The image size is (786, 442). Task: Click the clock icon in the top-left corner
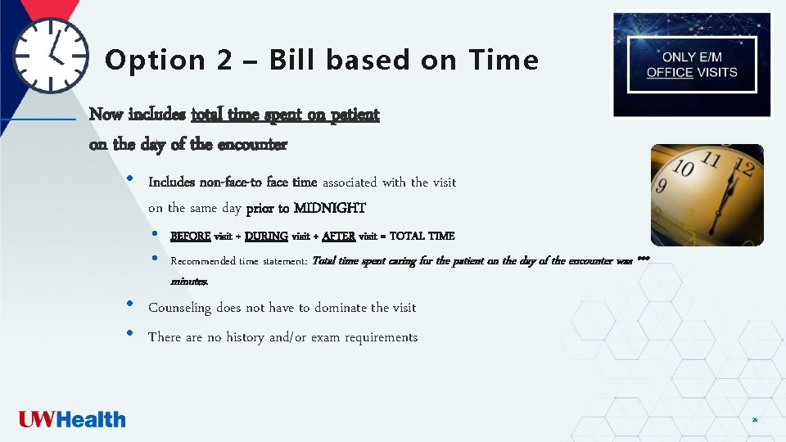pyautogui.click(x=51, y=55)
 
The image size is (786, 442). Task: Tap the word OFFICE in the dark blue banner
pyautogui.click(x=670, y=72)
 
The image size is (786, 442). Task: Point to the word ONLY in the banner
pyautogui.click(x=679, y=57)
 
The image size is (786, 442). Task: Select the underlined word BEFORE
pyautogui.click(x=190, y=237)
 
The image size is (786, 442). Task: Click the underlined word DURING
pyautogui.click(x=266, y=237)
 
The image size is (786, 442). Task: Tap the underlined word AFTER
pyautogui.click(x=339, y=237)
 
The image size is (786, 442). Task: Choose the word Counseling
pyautogui.click(x=179, y=308)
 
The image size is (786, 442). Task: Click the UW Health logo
pyautogui.click(x=72, y=420)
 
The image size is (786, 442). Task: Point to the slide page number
pyautogui.click(x=754, y=420)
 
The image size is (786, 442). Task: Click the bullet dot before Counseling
pyautogui.click(x=130, y=304)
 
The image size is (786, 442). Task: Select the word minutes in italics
pyautogui.click(x=189, y=282)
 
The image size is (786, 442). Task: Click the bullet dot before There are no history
pyautogui.click(x=130, y=334)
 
